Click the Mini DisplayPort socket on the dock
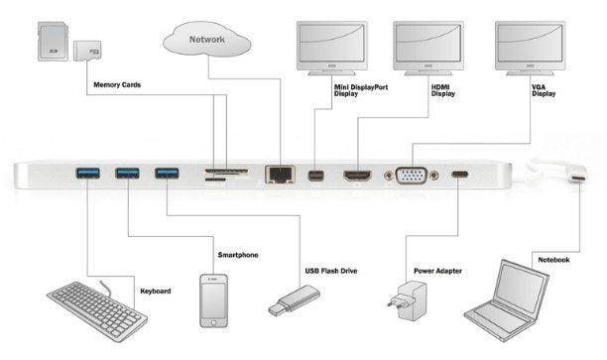point(315,177)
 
